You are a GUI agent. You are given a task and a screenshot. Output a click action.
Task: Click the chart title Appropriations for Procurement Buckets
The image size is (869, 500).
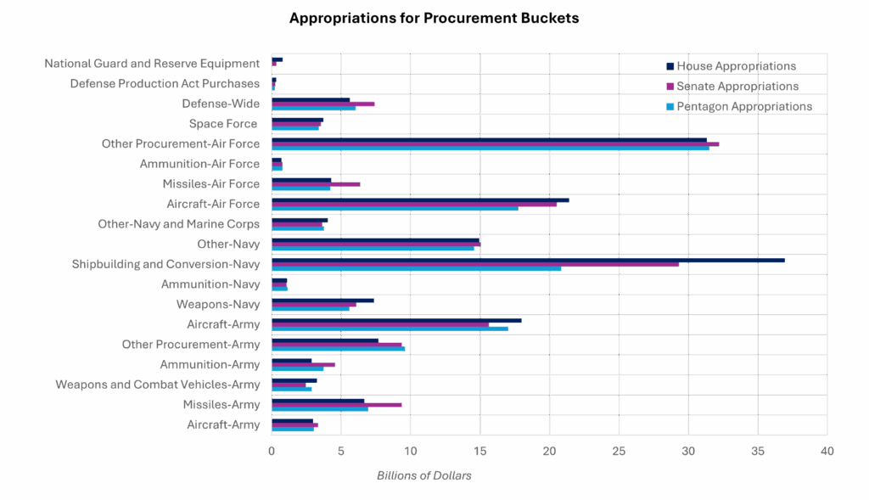(434, 18)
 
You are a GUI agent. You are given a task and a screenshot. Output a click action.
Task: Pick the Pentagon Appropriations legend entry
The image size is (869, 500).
(744, 106)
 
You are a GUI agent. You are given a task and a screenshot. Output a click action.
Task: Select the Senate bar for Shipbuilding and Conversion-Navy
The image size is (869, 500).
(475, 264)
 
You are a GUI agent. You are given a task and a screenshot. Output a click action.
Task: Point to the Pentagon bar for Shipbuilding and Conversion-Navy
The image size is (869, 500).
(416, 268)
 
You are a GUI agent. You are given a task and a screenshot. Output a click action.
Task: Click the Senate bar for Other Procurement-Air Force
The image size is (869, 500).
(495, 144)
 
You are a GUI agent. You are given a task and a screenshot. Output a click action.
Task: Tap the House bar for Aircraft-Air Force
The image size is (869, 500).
(420, 200)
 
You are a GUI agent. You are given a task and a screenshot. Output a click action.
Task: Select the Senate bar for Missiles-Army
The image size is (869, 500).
(337, 405)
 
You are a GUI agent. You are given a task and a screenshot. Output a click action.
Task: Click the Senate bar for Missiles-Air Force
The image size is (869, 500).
(316, 183)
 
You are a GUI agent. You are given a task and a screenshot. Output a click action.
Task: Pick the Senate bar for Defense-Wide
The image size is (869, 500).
(322, 104)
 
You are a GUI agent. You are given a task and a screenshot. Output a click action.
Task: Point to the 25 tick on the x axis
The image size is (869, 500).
(619, 451)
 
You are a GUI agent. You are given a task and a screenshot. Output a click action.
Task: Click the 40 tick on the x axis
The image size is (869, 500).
(827, 451)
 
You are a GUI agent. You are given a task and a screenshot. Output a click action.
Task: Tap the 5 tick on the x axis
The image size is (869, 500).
(341, 451)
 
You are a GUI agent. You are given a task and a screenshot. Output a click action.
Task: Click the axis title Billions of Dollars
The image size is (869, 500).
(423, 475)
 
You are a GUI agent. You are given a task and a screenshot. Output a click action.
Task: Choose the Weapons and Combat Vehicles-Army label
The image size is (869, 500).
(157, 385)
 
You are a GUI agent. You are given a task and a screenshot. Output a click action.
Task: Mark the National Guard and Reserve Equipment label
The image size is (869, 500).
(152, 64)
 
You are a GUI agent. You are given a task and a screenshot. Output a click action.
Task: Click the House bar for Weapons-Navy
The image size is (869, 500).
(322, 301)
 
